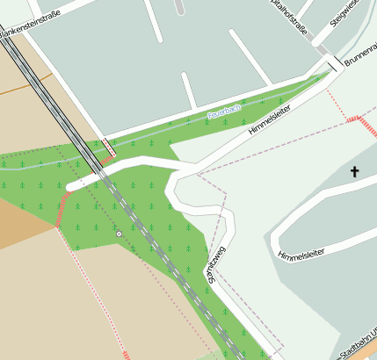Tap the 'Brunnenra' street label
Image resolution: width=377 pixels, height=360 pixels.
click(x=360, y=57)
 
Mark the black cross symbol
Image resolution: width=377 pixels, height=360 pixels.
click(x=355, y=171)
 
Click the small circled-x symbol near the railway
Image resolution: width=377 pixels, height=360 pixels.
click(x=119, y=234)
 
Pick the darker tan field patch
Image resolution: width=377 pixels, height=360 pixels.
click(x=22, y=224)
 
